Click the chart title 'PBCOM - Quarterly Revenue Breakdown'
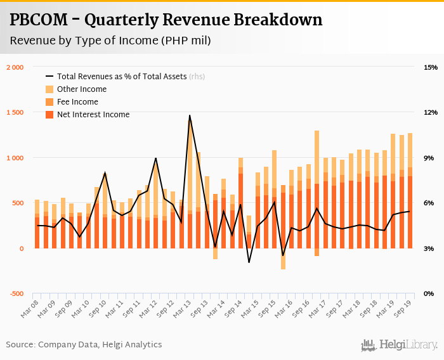(166, 20)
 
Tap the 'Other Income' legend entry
(82, 89)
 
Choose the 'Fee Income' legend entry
(77, 102)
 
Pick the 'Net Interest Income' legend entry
(93, 115)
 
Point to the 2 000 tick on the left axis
(15, 67)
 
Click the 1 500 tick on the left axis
(15, 113)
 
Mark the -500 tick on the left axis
(15, 294)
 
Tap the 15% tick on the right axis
(431, 67)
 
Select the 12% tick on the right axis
(431, 113)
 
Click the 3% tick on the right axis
(431, 248)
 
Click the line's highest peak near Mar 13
(190, 115)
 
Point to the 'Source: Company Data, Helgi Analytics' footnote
(84, 345)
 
